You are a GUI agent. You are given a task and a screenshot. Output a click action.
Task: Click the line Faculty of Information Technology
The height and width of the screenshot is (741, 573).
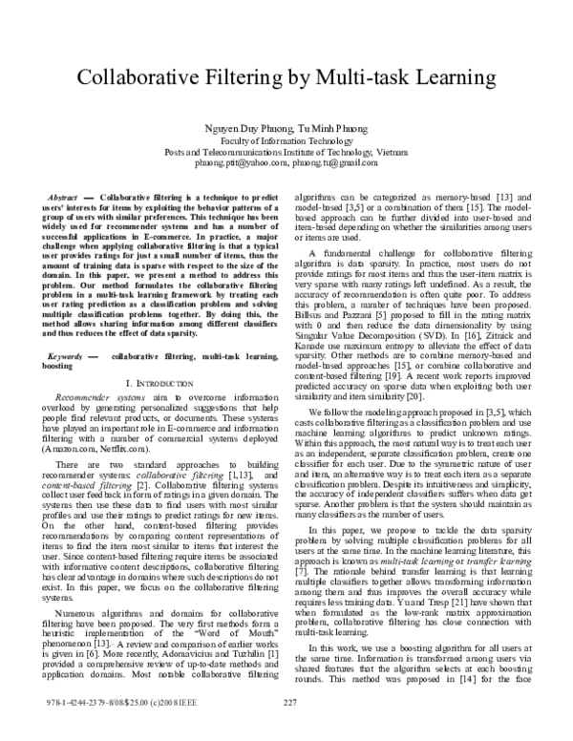tap(287, 139)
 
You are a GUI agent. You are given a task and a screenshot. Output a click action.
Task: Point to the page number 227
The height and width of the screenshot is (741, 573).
tap(292, 730)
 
